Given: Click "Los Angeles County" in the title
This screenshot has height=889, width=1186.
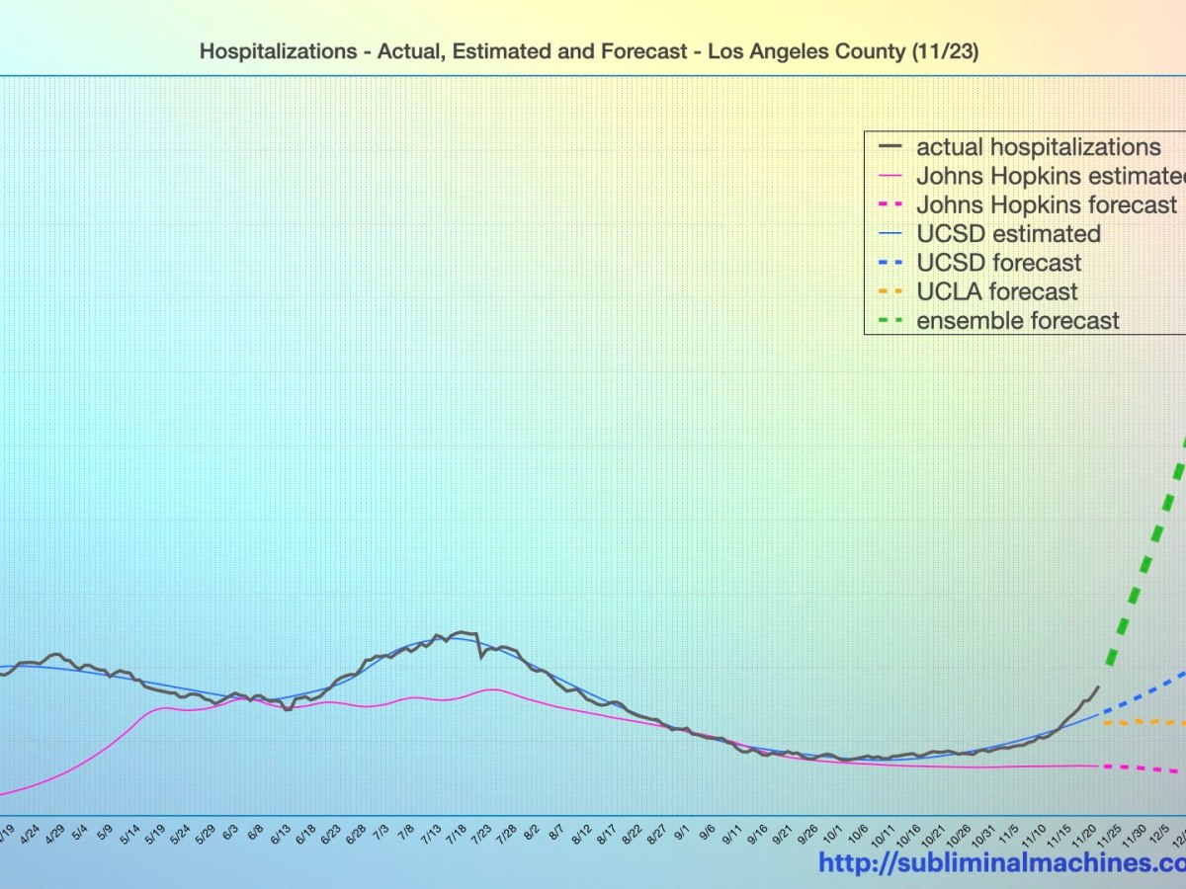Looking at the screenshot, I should pos(799,51).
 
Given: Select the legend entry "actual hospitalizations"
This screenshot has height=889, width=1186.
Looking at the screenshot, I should pos(1038,148).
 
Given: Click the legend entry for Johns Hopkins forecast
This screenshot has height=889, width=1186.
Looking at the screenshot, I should pos(1046,205).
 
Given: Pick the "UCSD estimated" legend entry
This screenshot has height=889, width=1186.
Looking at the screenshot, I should pos(1008,234).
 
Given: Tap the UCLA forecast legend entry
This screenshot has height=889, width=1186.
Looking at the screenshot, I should pos(996,291).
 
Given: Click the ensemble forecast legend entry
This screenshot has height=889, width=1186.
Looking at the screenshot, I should pos(1018,320).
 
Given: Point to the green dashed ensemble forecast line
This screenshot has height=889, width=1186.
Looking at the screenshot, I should pos(1146,553).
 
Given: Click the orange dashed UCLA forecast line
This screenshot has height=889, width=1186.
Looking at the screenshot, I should pos(1146,722).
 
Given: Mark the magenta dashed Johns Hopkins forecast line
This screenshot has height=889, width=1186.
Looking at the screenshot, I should pos(1146,768).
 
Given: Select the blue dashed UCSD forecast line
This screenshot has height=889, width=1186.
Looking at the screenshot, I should pos(1146,692).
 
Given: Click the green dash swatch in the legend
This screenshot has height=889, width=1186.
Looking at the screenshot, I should pos(890,320).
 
